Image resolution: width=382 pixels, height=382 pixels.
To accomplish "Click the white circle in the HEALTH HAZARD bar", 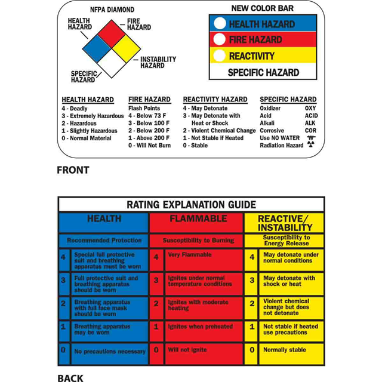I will (219, 24).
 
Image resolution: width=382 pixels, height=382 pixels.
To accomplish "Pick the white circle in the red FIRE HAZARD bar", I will (219, 39).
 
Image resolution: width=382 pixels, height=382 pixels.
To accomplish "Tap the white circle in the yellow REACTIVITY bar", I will (219, 56).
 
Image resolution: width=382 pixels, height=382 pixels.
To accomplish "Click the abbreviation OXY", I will (310, 109).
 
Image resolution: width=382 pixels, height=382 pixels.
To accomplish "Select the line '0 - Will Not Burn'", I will (149, 146).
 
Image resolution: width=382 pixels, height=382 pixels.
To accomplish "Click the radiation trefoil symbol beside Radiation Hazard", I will (310, 145).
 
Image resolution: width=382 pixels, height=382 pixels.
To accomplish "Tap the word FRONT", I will (73, 170).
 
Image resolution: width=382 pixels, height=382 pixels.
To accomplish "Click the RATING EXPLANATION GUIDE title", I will (191, 204).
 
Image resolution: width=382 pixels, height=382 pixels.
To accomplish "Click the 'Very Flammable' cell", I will (190, 255).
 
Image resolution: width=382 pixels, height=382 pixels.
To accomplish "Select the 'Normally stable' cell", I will (285, 350).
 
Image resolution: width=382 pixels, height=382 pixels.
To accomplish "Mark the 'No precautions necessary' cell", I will (110, 352).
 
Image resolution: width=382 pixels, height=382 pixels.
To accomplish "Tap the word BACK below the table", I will (70, 377).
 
